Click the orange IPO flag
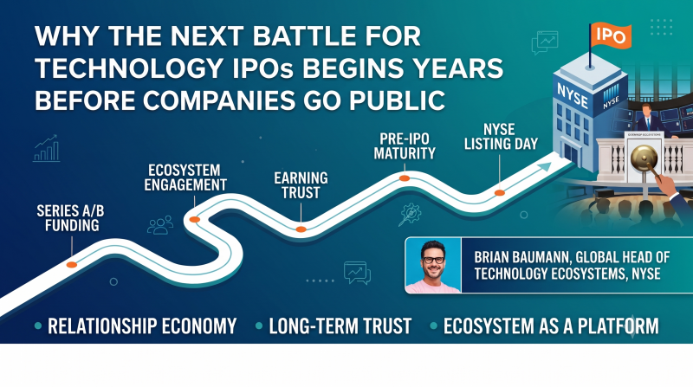pos(611,35)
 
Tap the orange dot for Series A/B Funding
pos(72,265)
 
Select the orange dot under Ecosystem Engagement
pos(194,219)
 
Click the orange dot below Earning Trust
pos(301,229)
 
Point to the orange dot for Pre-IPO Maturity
pos(405,178)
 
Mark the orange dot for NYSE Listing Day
pos(500,192)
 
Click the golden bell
pos(644,158)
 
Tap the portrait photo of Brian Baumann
pos(433,265)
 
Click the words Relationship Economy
pos(142,326)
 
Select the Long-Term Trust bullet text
pos(340,326)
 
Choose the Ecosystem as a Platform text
pos(551,326)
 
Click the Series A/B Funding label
pos(71,218)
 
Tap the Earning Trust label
pos(301,185)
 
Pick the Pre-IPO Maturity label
pos(405,146)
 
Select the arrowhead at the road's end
pos(545,167)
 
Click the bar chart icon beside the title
pos(47,148)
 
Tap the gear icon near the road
pos(410,214)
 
